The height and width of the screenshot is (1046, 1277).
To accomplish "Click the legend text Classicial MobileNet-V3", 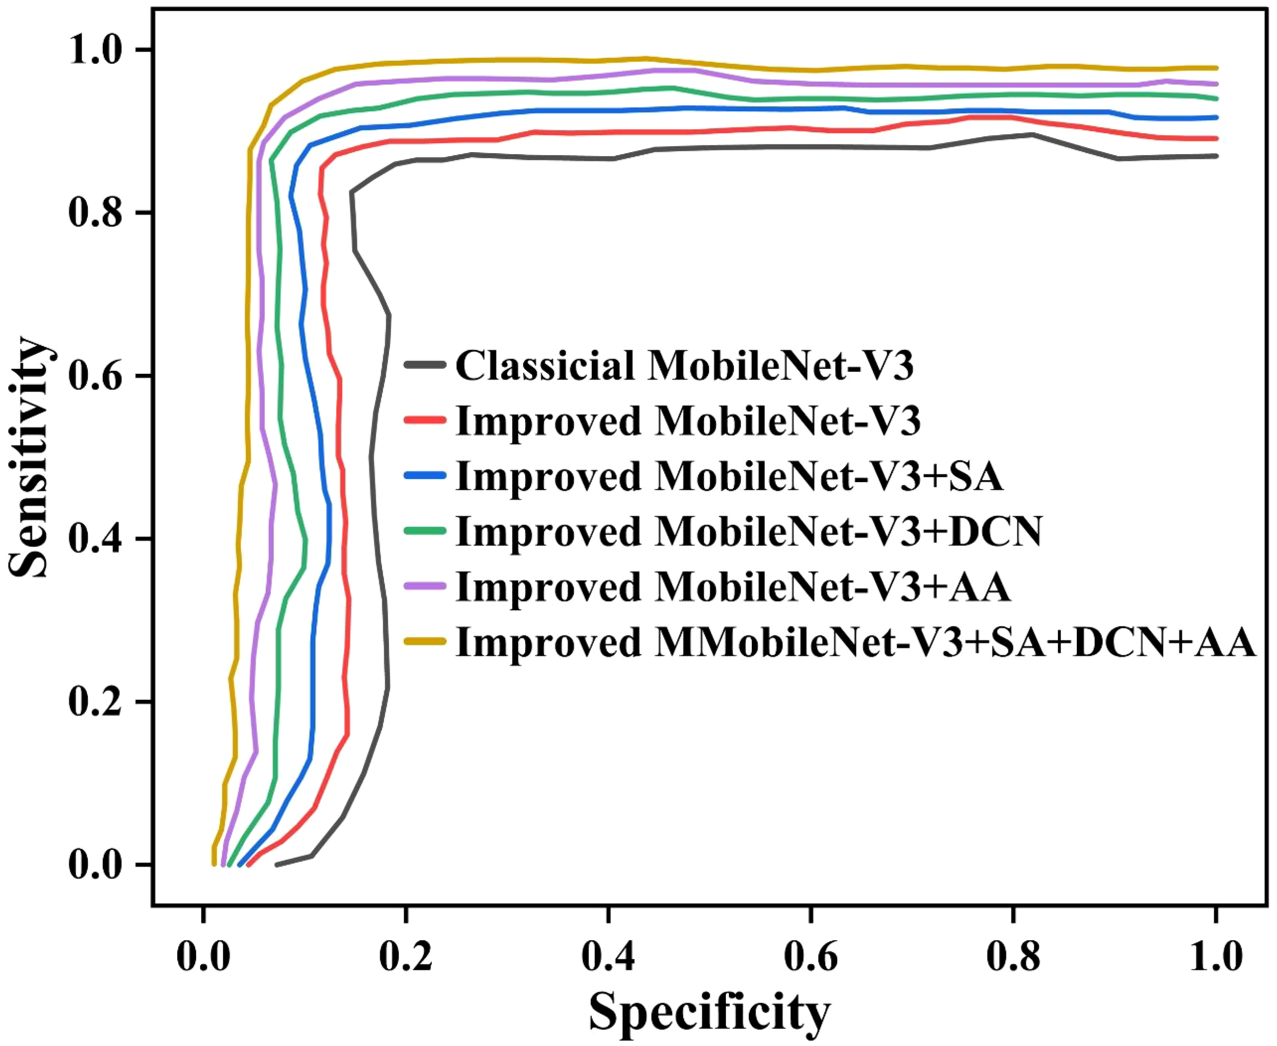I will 684,365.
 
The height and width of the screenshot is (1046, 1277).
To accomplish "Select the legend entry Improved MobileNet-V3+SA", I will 729,476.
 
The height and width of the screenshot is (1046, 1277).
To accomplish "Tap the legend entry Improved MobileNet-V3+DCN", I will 749,532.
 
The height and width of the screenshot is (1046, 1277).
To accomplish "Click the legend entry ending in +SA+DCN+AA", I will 856,643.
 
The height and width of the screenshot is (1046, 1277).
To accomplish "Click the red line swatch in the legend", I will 425,420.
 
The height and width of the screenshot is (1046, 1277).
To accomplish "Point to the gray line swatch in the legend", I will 425,365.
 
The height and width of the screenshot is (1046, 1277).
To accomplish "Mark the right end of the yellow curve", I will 1216,68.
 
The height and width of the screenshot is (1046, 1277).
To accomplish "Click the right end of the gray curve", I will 1216,156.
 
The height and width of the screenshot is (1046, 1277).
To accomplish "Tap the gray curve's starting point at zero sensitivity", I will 277,865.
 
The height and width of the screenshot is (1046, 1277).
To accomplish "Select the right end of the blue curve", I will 1216,117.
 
